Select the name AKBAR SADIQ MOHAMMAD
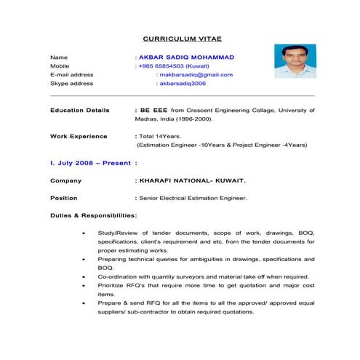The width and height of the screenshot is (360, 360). [187, 56]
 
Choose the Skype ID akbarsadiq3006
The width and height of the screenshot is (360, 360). [183, 84]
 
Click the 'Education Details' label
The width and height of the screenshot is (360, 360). [80, 110]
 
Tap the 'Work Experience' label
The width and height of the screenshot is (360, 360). [79, 136]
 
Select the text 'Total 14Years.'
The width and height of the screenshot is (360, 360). [160, 136]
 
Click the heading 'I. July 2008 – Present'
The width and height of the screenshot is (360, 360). [90, 163]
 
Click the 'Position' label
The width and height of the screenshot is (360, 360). [63, 198]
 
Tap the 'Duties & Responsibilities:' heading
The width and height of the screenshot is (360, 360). [94, 215]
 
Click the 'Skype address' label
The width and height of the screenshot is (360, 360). [71, 84]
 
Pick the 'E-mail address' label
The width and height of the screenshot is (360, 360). [71, 74]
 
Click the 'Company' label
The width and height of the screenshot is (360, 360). [65, 180]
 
